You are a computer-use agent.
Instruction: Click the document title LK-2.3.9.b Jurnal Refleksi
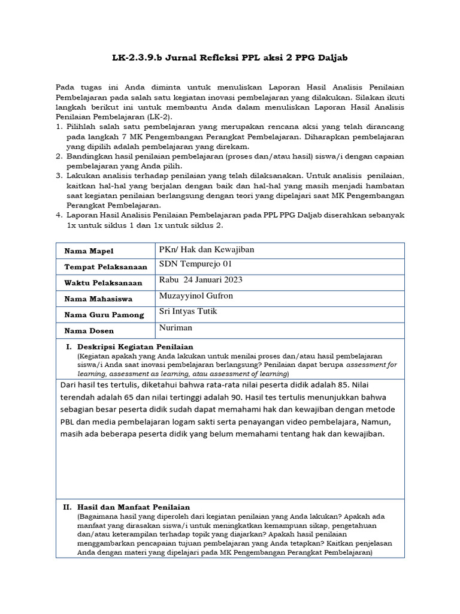(x=229, y=57)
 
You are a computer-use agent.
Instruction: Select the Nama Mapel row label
(x=86, y=251)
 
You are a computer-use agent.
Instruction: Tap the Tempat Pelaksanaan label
(x=102, y=267)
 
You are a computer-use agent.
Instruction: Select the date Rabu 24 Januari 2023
(x=201, y=280)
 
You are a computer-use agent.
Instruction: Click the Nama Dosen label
(x=86, y=330)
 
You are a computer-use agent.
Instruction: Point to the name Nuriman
(x=176, y=328)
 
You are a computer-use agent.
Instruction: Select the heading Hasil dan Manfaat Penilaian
(x=134, y=507)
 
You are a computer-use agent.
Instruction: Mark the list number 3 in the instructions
(x=59, y=176)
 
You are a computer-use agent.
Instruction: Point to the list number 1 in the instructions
(x=59, y=127)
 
